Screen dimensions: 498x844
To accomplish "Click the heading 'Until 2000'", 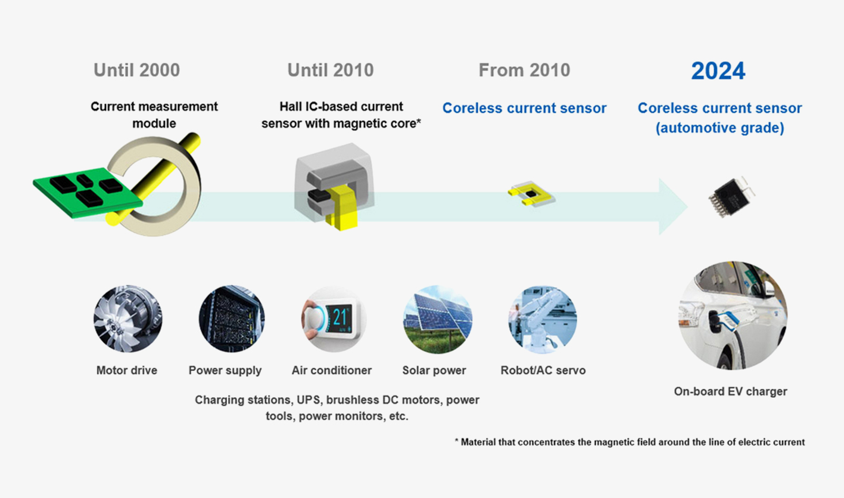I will click(x=136, y=70).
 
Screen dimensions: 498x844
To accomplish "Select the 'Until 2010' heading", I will click(x=331, y=70).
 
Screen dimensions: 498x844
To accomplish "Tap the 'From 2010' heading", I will click(x=524, y=70).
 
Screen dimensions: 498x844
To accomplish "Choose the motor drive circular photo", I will click(x=127, y=320).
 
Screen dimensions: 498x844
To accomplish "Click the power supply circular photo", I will click(x=232, y=320).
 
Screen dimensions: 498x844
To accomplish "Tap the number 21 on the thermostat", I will click(x=340, y=317).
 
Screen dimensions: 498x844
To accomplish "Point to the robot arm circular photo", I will click(x=542, y=320).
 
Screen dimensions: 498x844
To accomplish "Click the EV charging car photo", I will click(x=732, y=315).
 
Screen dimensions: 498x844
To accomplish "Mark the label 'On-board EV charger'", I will click(x=730, y=392).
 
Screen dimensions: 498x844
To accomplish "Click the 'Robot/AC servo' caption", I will click(x=543, y=370).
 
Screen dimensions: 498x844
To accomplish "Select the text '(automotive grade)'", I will click(x=720, y=128).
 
